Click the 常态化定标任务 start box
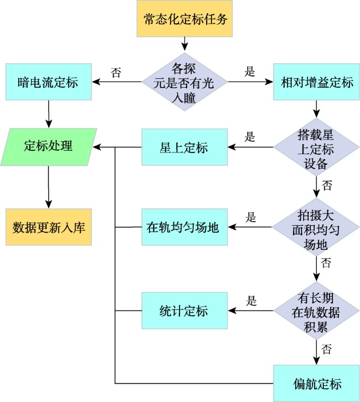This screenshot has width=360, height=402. [x=184, y=19]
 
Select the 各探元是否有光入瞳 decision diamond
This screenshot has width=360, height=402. [x=184, y=82]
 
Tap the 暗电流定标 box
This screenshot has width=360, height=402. [x=49, y=82]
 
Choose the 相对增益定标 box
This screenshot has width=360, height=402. [x=316, y=82]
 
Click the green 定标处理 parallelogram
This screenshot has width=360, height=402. [x=49, y=147]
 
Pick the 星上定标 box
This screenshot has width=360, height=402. [x=184, y=147]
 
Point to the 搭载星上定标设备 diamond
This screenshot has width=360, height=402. [x=316, y=147]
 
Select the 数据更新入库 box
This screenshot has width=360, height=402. [x=49, y=227]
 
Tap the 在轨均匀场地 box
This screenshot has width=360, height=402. [x=184, y=227]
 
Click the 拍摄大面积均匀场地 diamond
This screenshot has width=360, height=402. [x=316, y=227]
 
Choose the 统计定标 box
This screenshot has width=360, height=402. [x=184, y=311]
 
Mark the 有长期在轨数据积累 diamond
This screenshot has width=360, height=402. [x=316, y=311]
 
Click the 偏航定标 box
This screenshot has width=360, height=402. [x=316, y=384]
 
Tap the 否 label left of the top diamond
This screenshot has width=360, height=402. [x=116, y=73]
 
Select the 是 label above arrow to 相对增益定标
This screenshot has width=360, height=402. [x=250, y=72]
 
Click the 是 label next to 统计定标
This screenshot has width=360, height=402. [x=251, y=301]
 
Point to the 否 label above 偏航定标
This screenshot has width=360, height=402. [x=326, y=349]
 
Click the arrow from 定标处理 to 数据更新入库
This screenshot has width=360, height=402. [x=49, y=187]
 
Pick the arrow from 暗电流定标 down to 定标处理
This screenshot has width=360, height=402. [x=49, y=114]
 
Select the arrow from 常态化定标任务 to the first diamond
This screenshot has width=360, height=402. [x=184, y=44]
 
